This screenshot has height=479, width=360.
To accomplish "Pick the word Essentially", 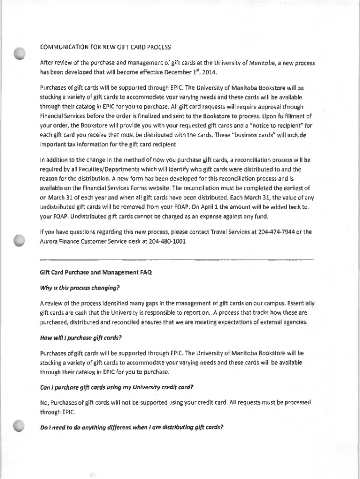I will [x=296, y=303].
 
